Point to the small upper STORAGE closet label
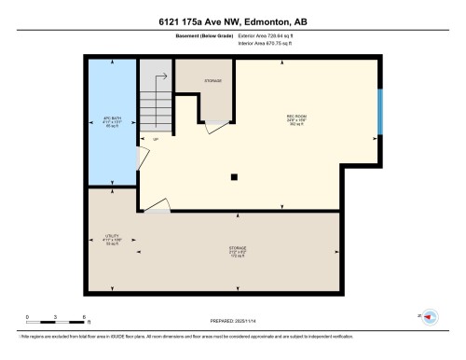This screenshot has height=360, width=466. pyautogui.click(x=212, y=80)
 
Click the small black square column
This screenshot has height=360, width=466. pyautogui.click(x=235, y=175)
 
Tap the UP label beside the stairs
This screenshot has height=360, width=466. pyautogui.click(x=155, y=140)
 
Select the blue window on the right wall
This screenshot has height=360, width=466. pyautogui.click(x=379, y=112)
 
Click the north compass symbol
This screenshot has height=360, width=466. pyautogui.click(x=431, y=317)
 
